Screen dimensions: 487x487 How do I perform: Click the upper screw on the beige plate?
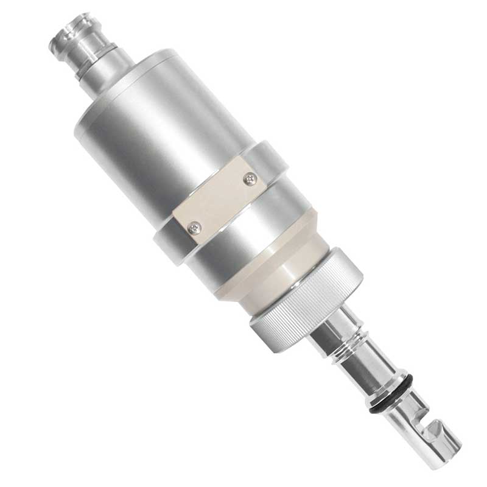[x=250, y=178]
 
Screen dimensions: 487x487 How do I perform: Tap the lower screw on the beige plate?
[x=194, y=227]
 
